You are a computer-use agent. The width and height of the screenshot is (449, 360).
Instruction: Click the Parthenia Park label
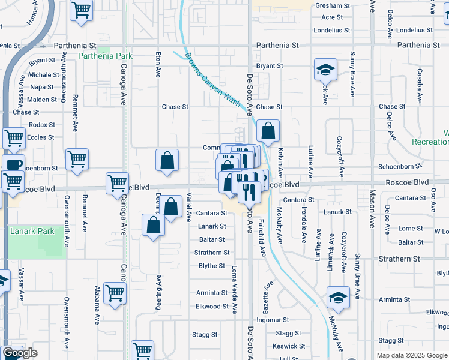[105, 56]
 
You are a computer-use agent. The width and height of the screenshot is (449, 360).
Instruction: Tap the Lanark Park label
[32, 231]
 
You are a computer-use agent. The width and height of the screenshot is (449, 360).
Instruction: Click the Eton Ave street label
[158, 64]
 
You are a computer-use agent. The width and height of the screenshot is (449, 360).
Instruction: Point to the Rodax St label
[41, 125]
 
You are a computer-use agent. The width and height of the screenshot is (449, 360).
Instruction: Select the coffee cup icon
[13, 165]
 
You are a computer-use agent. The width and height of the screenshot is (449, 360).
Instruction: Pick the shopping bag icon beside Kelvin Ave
[268, 131]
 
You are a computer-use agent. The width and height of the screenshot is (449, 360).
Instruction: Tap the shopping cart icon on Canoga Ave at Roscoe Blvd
[117, 183]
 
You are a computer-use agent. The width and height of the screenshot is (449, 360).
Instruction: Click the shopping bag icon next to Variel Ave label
[171, 207]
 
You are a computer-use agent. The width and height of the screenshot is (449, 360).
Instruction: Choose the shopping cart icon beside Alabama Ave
[114, 293]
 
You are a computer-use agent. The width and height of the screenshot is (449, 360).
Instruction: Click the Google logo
[20, 353]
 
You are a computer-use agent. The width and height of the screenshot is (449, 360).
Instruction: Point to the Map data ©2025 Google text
[411, 355]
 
